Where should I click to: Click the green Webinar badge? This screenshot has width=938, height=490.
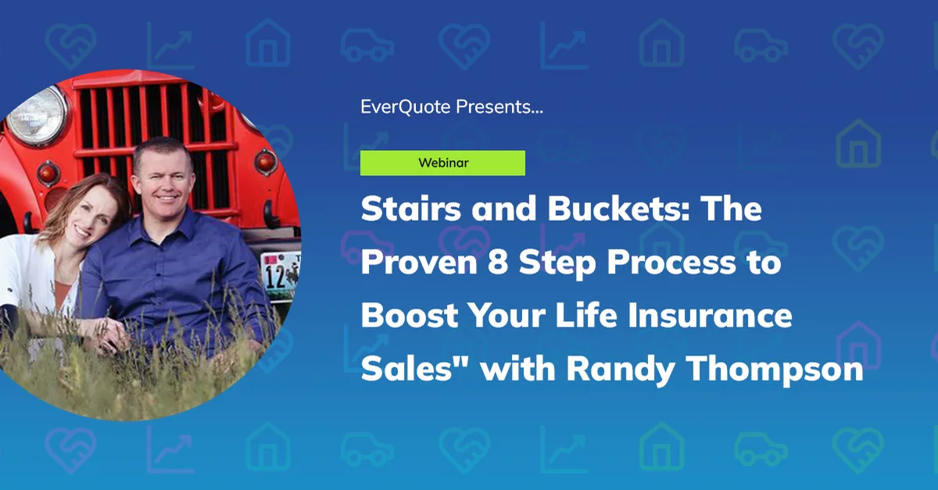[442, 163]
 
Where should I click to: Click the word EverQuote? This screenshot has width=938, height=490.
[405, 107]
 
